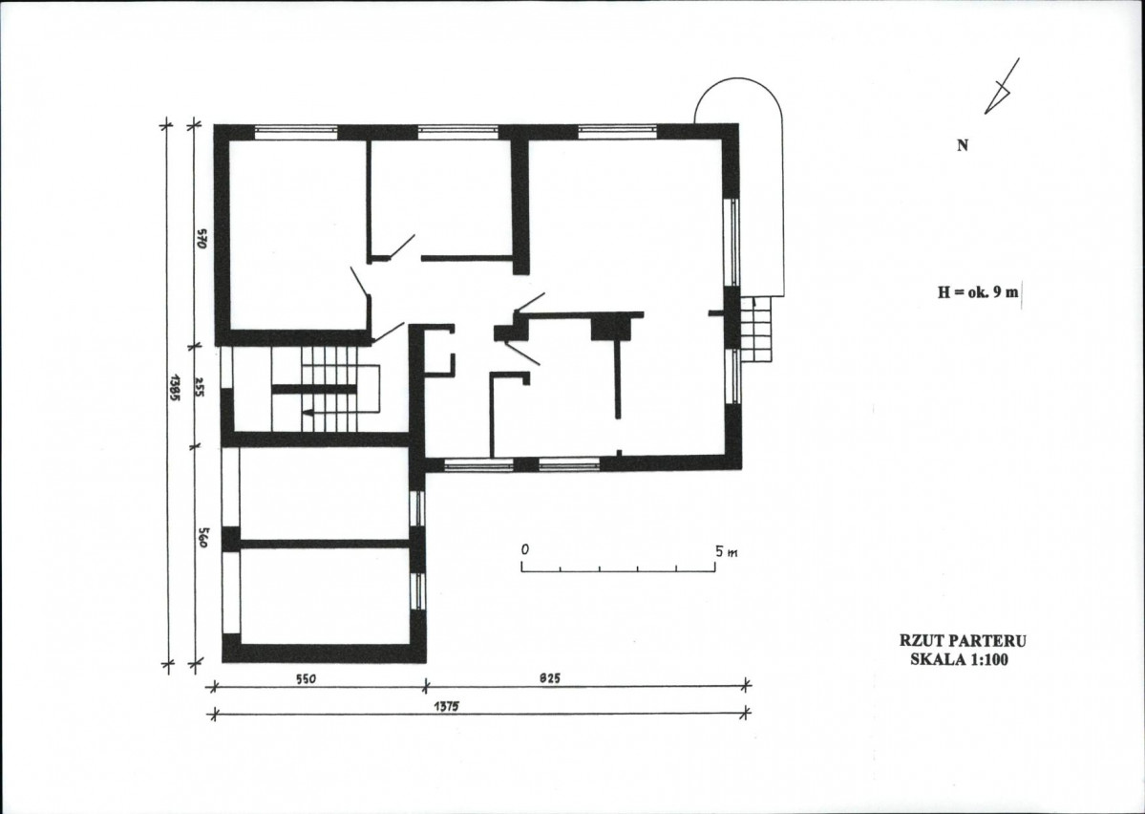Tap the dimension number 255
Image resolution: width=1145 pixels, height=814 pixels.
click(x=201, y=387)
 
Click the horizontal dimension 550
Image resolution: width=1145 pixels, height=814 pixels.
click(x=306, y=679)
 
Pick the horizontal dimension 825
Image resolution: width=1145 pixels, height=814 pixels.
click(x=550, y=678)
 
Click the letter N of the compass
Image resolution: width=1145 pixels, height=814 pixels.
click(x=963, y=145)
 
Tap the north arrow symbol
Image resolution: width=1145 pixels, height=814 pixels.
click(x=1001, y=86)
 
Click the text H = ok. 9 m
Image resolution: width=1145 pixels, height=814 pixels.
click(x=978, y=292)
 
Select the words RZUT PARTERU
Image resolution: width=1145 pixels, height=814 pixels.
click(x=963, y=641)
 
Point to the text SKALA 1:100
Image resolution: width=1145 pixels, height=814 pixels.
click(x=963, y=659)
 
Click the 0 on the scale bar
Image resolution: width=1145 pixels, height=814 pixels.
click(x=525, y=548)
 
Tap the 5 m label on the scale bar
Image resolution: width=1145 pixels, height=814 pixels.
click(x=726, y=551)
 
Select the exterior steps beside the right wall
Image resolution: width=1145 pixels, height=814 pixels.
click(x=755, y=330)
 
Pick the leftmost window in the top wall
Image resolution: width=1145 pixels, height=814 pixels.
click(x=296, y=132)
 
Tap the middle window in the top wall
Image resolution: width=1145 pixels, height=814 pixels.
click(x=457, y=132)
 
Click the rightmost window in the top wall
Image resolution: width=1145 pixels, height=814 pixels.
click(x=618, y=132)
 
